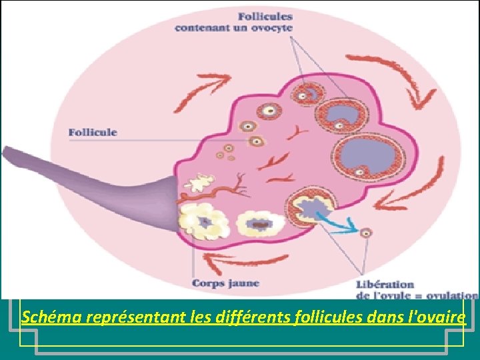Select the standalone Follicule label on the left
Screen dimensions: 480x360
click(93, 132)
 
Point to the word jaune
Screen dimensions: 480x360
click(242, 284)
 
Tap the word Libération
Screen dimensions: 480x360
click(385, 285)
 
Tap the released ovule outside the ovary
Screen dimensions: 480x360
click(365, 233)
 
